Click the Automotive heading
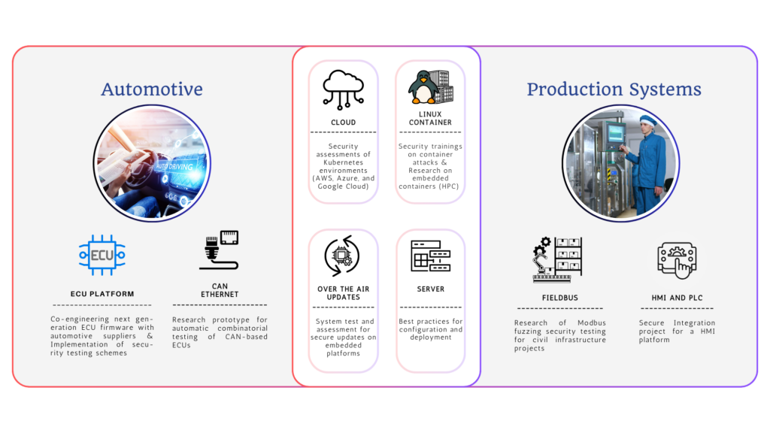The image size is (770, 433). pyautogui.click(x=152, y=89)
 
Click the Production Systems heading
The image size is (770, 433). pyautogui.click(x=614, y=89)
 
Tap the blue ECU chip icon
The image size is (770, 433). pyautogui.click(x=102, y=255)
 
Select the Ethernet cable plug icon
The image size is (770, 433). pyautogui.click(x=219, y=250)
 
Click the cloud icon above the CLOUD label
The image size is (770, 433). pyautogui.click(x=343, y=89)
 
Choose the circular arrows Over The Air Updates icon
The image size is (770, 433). pyautogui.click(x=342, y=256)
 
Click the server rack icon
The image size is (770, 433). pyautogui.click(x=431, y=256)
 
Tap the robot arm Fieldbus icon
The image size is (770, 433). pyautogui.click(x=557, y=259)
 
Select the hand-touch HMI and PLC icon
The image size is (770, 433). pyautogui.click(x=677, y=260)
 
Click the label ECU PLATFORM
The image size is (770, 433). pyautogui.click(x=102, y=294)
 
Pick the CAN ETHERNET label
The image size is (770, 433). pyautogui.click(x=220, y=290)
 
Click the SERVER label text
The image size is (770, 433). pyautogui.click(x=431, y=289)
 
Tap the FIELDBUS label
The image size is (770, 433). pyautogui.click(x=559, y=298)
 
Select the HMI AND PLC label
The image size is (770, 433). pyautogui.click(x=677, y=298)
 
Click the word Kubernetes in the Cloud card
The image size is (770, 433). pyautogui.click(x=343, y=162)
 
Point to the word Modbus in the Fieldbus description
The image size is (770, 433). pyautogui.click(x=591, y=323)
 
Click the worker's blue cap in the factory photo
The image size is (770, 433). pyautogui.click(x=647, y=121)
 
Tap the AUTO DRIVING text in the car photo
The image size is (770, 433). pyautogui.click(x=174, y=166)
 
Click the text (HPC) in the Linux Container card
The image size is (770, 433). pyautogui.click(x=448, y=186)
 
